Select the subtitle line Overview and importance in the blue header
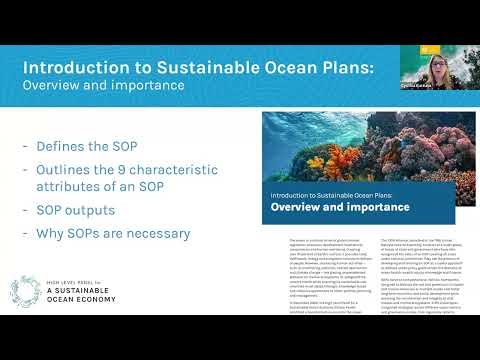[x=104, y=85]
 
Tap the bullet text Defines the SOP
[x=91, y=146]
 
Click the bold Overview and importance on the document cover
[x=340, y=207]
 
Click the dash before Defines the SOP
[x=25, y=146]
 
